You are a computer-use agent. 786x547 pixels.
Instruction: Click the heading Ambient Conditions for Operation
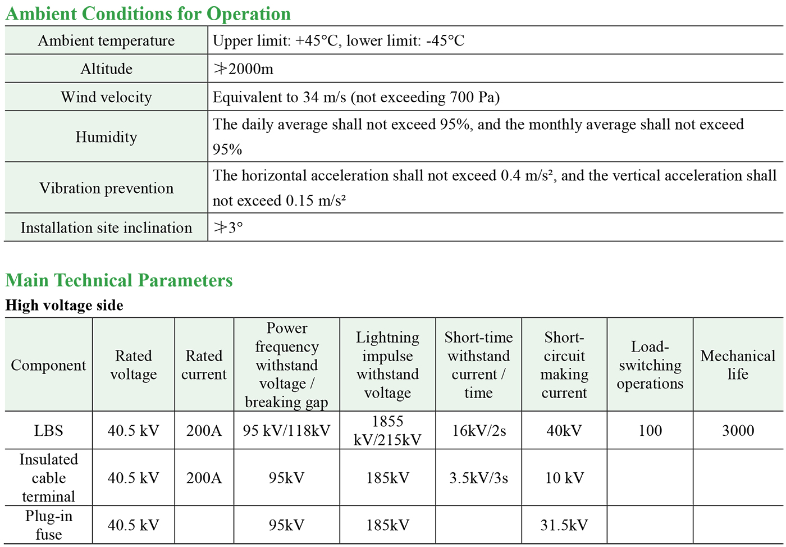(x=148, y=13)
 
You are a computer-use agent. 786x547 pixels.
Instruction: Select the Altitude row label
(x=106, y=69)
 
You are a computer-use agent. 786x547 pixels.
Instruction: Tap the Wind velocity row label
(x=106, y=97)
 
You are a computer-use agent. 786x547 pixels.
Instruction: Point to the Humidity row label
(x=106, y=137)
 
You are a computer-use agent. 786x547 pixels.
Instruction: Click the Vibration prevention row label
(x=106, y=188)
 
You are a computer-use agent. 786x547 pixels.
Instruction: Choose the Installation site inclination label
(x=106, y=228)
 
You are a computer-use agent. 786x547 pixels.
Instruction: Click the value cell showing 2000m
(x=244, y=69)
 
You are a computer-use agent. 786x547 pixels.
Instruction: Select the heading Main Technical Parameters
(x=119, y=280)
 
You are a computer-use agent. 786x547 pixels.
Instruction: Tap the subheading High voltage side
(x=65, y=306)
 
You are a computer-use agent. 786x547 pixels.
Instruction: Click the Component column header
(x=48, y=365)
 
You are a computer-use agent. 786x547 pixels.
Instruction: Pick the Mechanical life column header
(x=738, y=365)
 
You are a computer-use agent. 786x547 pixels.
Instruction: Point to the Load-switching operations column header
(x=650, y=365)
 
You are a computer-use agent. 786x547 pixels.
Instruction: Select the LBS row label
(x=48, y=431)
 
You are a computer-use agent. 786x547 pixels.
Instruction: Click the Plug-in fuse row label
(x=48, y=525)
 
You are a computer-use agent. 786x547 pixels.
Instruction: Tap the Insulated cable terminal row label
(x=48, y=478)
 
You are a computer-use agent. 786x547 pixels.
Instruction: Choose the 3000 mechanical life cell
(x=738, y=431)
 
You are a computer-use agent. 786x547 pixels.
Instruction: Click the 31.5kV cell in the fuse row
(x=564, y=525)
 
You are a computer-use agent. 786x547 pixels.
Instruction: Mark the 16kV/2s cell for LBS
(x=479, y=431)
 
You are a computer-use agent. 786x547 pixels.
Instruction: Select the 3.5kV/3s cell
(x=479, y=478)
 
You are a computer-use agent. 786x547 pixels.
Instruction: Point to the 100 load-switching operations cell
(x=650, y=431)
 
